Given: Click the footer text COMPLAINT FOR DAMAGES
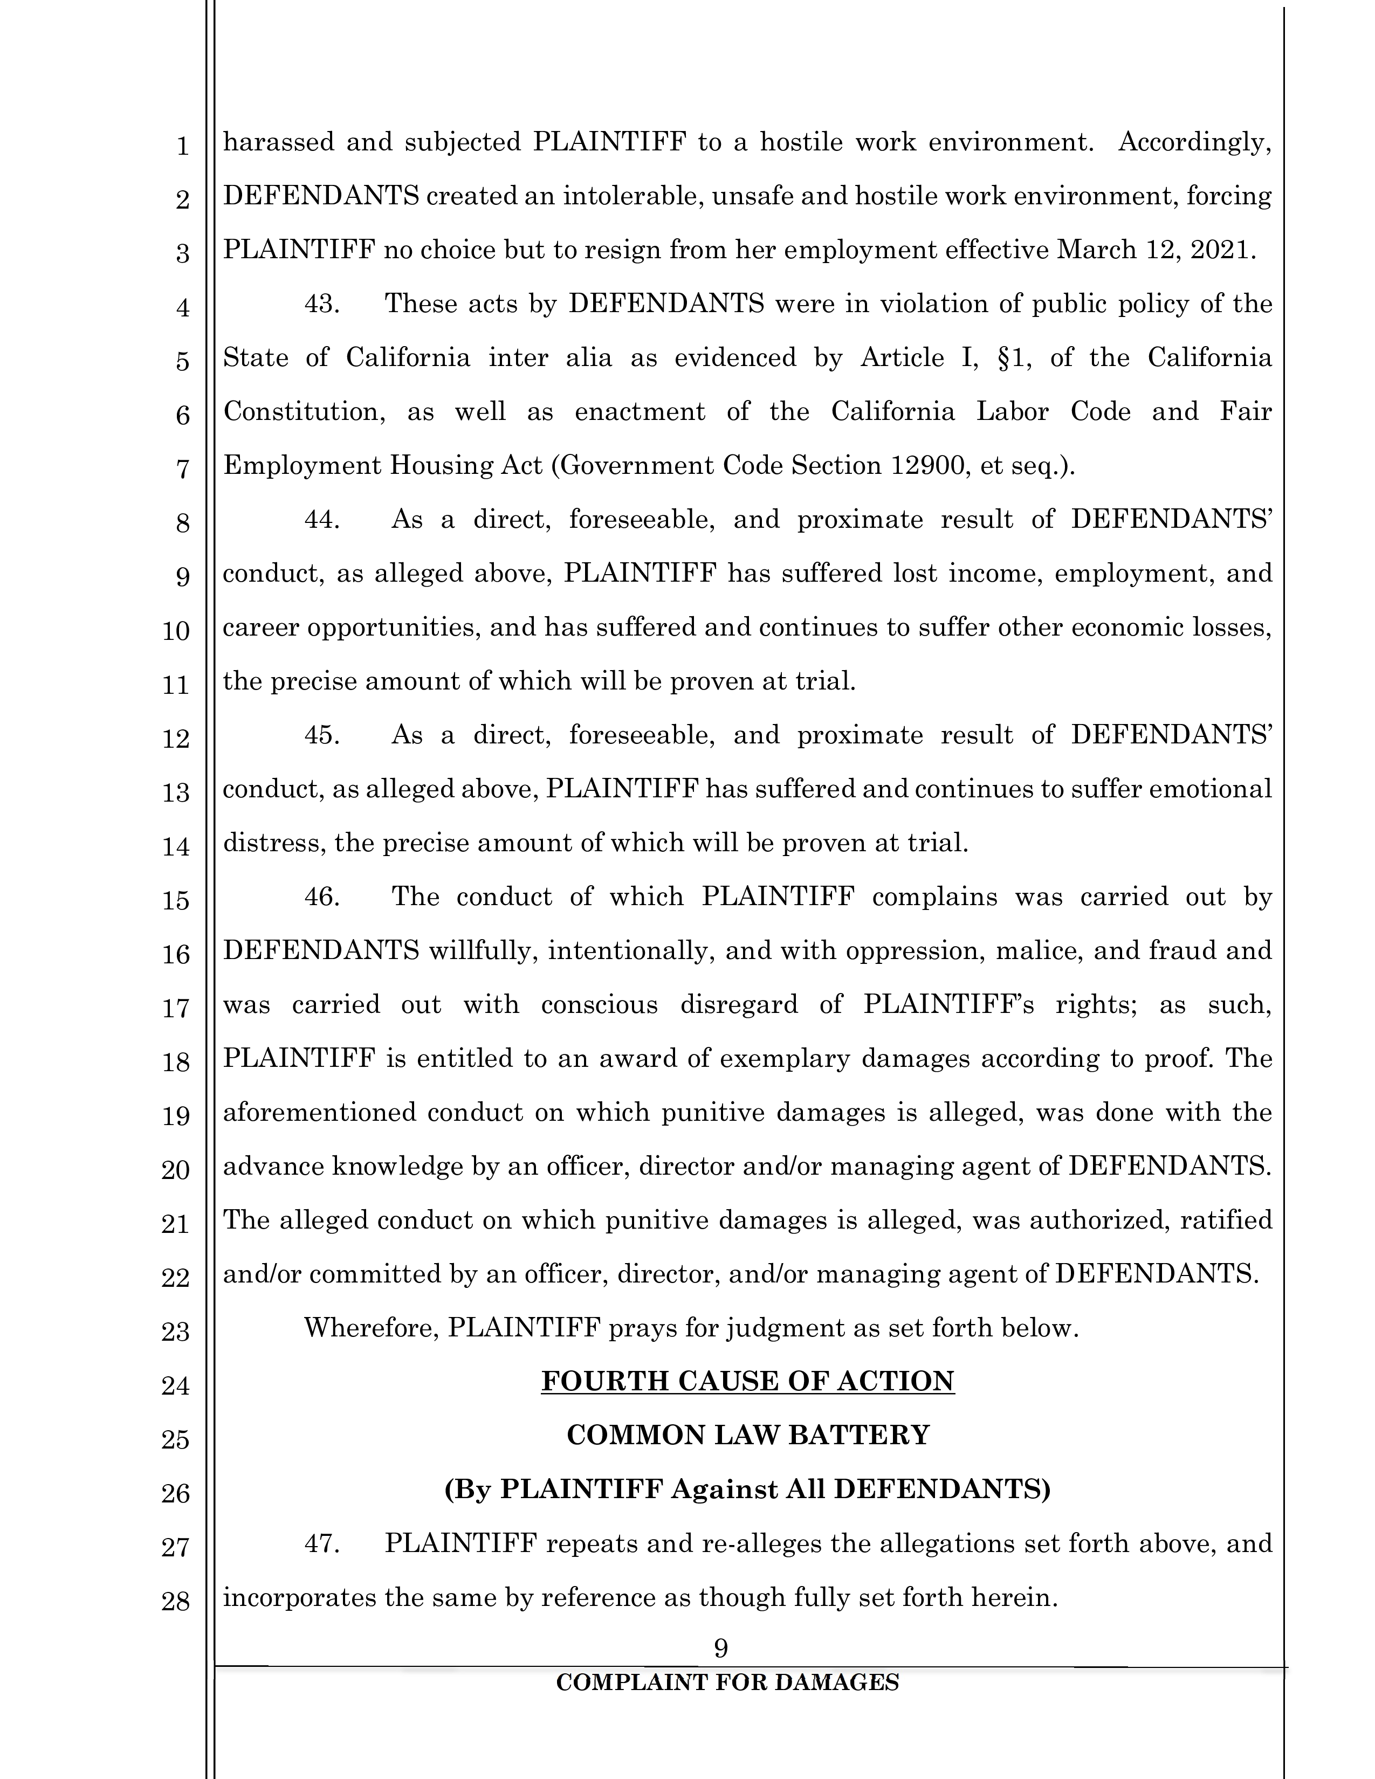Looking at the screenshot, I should click(x=727, y=1682).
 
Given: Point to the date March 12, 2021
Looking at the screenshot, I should click(x=1152, y=249).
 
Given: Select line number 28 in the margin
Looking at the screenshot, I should click(x=175, y=1602).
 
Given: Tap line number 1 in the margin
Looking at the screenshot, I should click(x=182, y=147).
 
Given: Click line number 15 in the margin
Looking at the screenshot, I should click(x=175, y=901).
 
